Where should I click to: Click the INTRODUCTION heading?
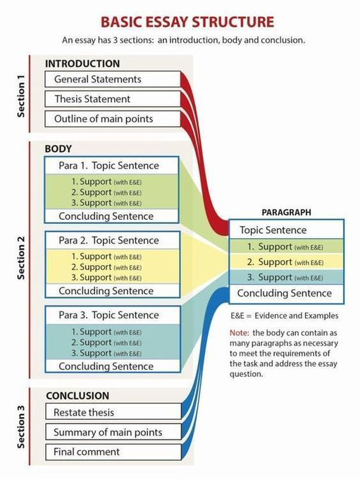82,63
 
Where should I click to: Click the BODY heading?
58,149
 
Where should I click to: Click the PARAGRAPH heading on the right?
286,212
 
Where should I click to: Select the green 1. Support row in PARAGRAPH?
286,247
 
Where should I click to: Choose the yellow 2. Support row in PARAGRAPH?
286,262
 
